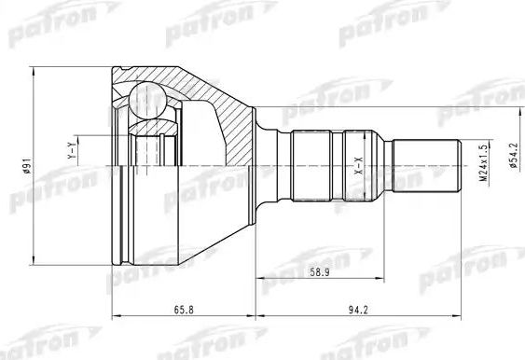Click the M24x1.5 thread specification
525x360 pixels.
pos(484,164)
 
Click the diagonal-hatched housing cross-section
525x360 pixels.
pos(219,103)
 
